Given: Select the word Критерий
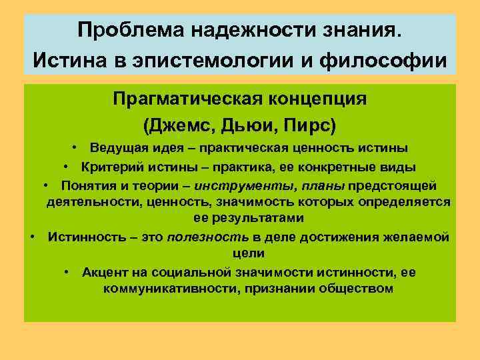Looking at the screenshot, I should click(109, 166).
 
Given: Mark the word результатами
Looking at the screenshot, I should click(239, 218).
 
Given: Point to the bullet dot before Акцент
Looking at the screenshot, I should click(69, 271).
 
